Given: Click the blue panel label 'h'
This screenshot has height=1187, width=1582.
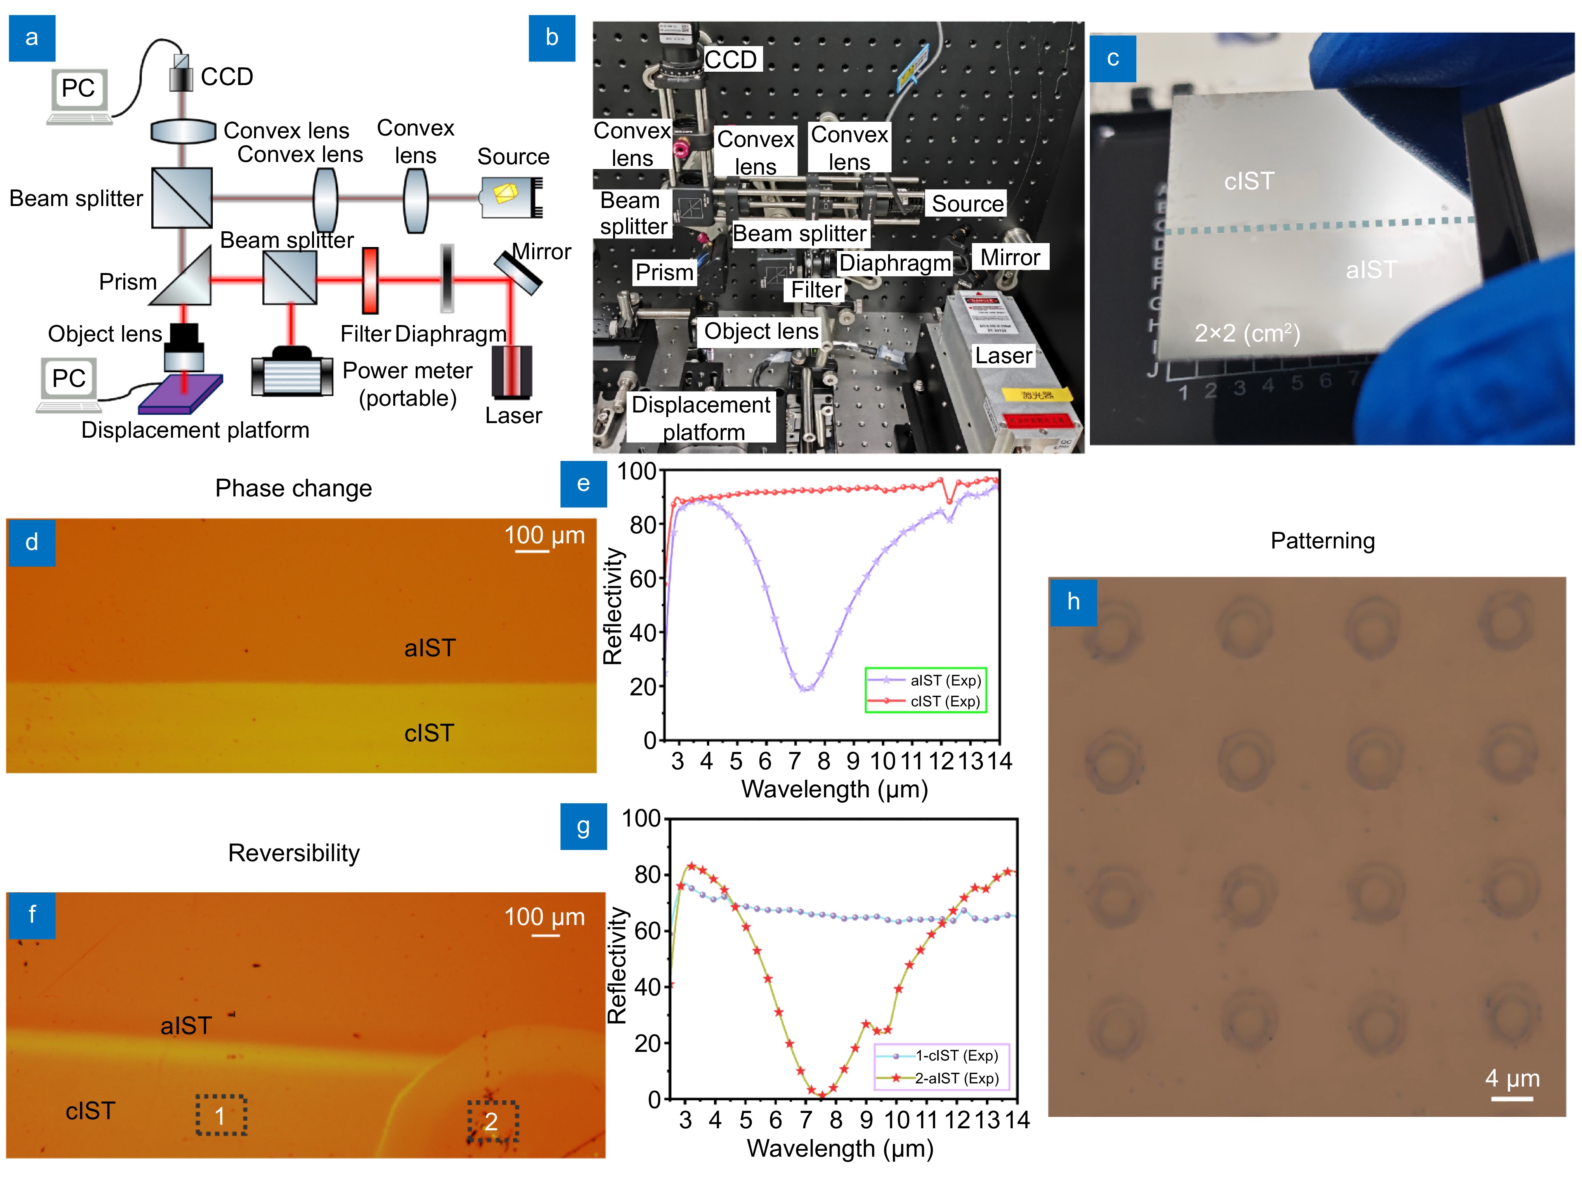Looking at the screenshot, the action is coord(1073,602).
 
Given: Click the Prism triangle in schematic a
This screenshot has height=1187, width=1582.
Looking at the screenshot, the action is coord(184,277).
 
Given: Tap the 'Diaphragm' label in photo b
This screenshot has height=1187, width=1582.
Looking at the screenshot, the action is coord(895,263).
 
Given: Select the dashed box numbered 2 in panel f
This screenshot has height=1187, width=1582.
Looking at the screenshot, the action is coord(493,1120).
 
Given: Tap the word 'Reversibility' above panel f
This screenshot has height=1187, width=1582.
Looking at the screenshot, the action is coord(294,853).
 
